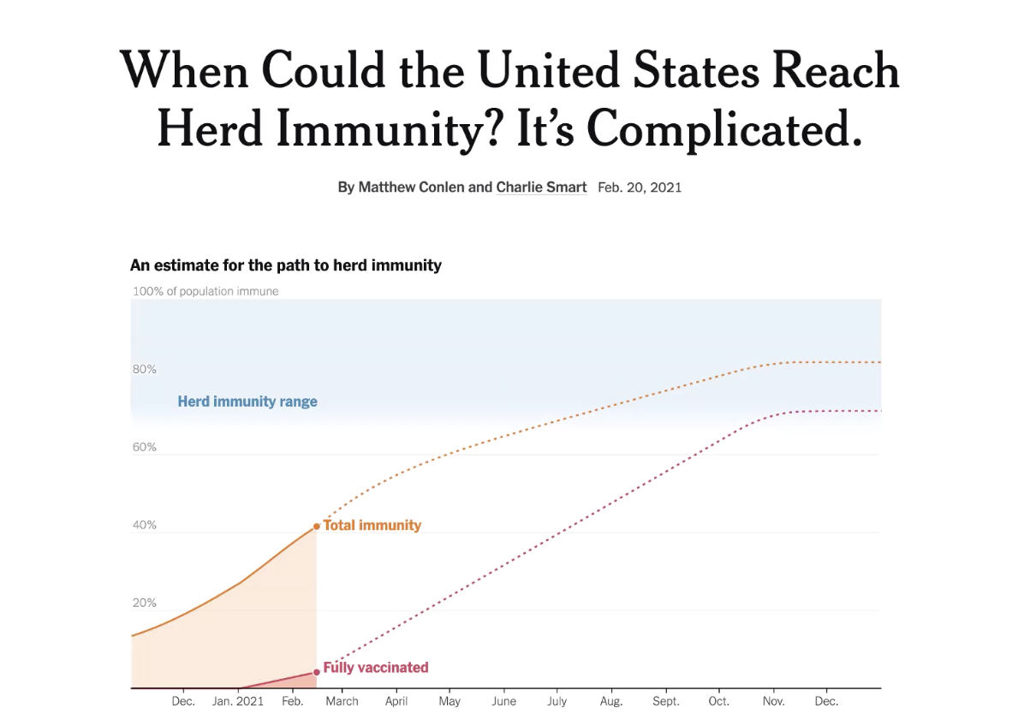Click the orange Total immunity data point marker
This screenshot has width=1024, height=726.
[x=316, y=526]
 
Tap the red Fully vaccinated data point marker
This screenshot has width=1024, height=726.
[x=316, y=672]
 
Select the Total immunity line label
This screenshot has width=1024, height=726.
[x=372, y=526]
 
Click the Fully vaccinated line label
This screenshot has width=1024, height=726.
[x=376, y=668]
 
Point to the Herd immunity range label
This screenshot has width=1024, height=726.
[x=247, y=402]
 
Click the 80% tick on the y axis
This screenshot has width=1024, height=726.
[x=145, y=369]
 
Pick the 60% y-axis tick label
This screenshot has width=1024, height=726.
[x=145, y=448]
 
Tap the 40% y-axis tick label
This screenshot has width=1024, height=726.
[x=145, y=526]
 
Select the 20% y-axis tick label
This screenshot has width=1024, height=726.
[x=145, y=604]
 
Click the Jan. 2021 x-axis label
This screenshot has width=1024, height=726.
[x=238, y=701]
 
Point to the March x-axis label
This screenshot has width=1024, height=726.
[x=342, y=701]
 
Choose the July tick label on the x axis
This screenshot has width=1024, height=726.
[x=557, y=701]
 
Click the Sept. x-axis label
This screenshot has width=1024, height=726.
[x=666, y=701]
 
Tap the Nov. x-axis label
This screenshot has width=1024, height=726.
[x=773, y=701]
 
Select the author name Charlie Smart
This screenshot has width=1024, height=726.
[x=541, y=187]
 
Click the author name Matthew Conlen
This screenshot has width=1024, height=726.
[x=411, y=187]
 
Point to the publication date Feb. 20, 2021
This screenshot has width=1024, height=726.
[x=640, y=187]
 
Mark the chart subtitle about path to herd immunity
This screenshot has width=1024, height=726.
[x=286, y=265]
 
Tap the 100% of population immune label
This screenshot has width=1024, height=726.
[x=205, y=291]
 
